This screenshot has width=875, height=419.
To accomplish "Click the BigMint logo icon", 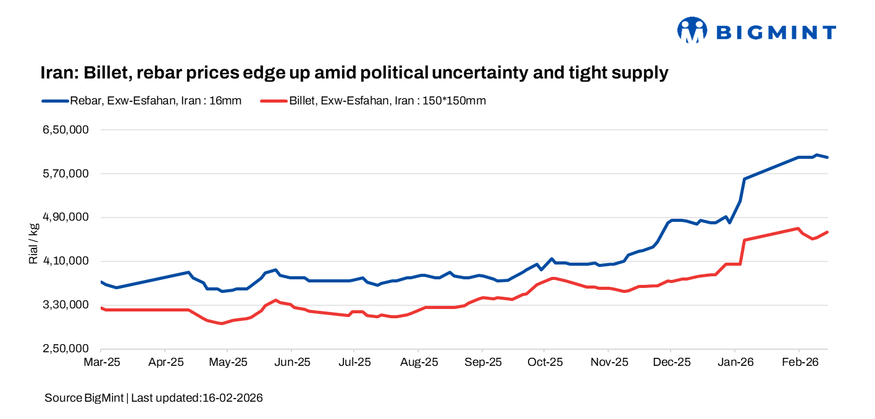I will click(692, 30).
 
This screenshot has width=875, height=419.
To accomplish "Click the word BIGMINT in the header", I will click(776, 32).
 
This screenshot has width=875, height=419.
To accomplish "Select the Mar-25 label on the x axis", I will click(102, 363).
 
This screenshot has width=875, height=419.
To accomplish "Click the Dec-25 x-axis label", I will click(671, 363).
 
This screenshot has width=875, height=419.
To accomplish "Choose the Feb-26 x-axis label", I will click(798, 363).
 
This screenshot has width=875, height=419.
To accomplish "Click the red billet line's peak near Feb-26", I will click(798, 228).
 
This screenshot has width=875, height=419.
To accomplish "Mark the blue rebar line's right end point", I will click(827, 158).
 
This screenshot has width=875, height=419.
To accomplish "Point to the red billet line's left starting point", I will click(101, 307).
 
